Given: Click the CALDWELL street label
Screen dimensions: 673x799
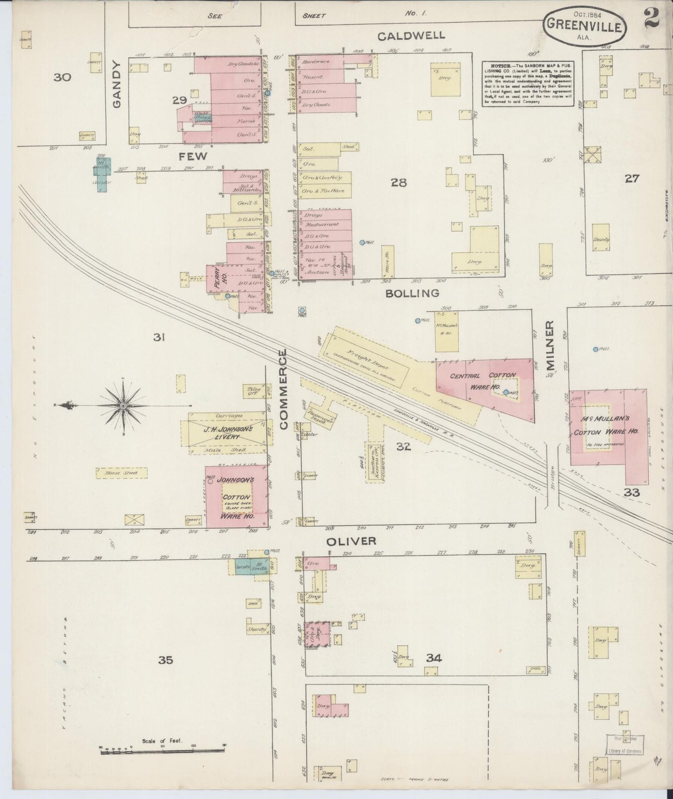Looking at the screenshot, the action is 411,36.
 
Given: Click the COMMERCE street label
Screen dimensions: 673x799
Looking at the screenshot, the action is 285,390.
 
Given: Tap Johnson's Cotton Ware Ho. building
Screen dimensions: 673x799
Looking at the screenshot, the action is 237,497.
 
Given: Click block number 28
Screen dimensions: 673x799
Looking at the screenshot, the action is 399,182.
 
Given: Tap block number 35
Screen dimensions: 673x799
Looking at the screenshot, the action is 165,660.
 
